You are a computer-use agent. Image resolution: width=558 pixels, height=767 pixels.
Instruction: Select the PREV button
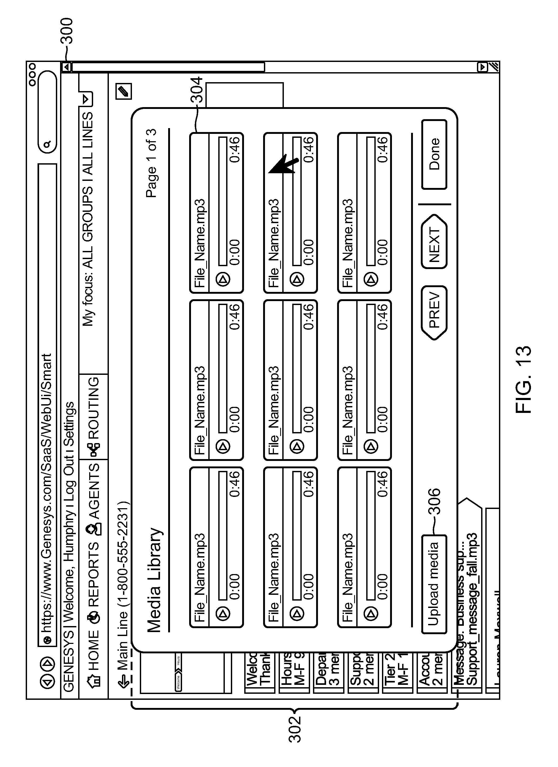tap(434, 313)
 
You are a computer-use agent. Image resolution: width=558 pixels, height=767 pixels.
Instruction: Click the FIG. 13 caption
tap(524, 379)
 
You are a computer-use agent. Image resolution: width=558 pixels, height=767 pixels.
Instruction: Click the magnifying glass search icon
tap(47, 144)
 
